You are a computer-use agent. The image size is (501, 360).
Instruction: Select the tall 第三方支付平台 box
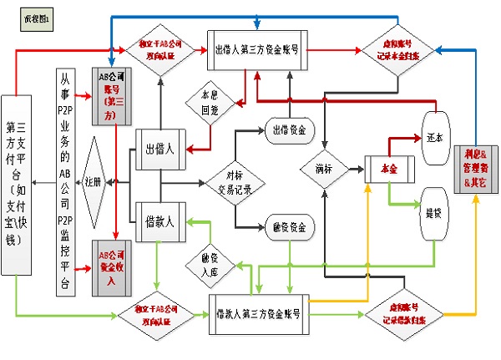coord(21,182)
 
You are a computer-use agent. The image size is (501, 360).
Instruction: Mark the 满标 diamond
coord(325,169)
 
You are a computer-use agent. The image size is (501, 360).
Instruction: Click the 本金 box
coord(388,170)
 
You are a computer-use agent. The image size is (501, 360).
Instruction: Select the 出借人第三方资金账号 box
coord(257,48)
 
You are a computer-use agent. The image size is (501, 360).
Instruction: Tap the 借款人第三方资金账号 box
coord(259,315)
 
